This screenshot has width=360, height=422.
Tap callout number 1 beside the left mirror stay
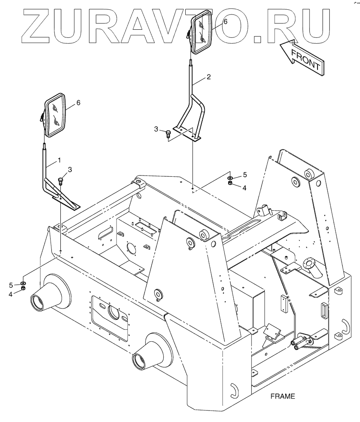59,160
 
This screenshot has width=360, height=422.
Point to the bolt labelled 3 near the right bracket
168,133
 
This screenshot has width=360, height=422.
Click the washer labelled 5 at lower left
23,283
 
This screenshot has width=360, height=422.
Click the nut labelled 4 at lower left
23,289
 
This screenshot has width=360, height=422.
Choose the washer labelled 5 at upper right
230,177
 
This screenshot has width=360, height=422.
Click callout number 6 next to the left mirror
78,102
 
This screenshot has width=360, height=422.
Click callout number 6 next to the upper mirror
225,21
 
